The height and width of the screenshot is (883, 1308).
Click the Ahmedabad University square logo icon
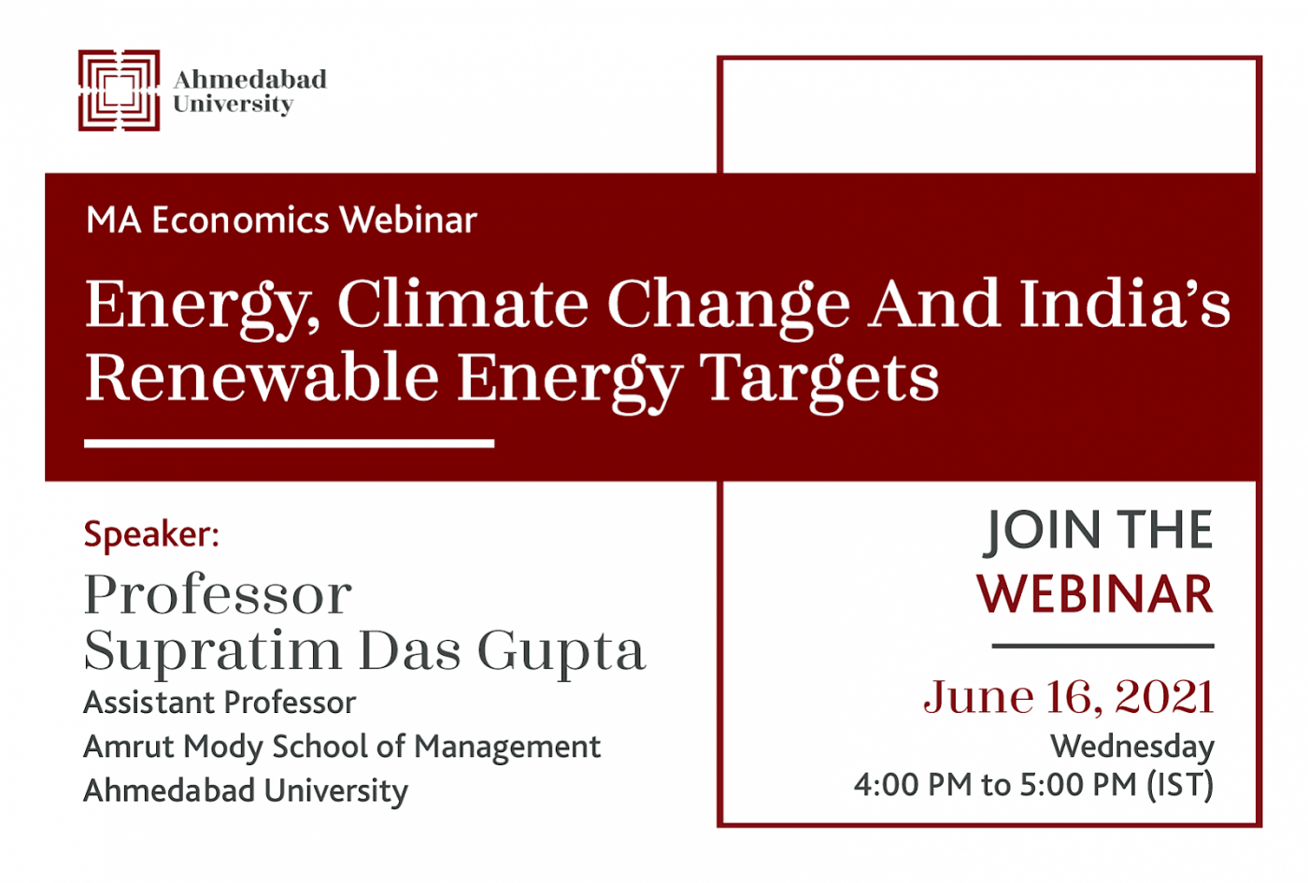pos(120,91)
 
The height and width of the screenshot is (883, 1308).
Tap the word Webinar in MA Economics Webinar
pos(409,221)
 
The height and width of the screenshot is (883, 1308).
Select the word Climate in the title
pos(463,305)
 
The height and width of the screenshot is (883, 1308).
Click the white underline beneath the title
pos(289,443)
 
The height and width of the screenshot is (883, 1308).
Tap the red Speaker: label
pos(151,534)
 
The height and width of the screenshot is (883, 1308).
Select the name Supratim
pos(213,653)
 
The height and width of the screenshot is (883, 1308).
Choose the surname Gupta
pos(562,653)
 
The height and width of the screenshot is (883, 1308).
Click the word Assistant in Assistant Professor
pos(149,702)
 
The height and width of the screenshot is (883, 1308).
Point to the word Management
pos(507,748)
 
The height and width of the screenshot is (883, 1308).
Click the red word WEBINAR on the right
pos(1095,594)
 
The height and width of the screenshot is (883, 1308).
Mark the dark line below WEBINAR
pos(1103,646)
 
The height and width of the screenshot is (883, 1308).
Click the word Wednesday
pos(1132,748)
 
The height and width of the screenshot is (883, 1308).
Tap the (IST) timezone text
pos(1180,785)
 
